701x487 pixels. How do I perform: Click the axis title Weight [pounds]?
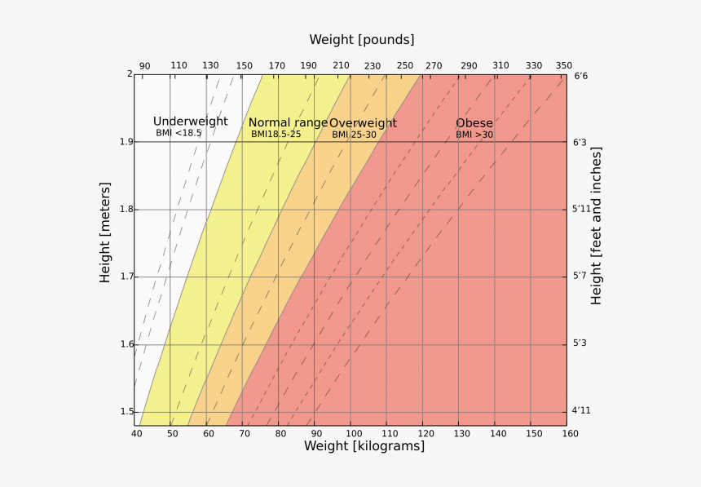[x=361, y=40]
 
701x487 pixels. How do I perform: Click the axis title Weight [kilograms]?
[x=364, y=446]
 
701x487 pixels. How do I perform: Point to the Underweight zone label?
[x=190, y=122]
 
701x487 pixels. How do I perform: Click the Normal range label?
[x=288, y=123]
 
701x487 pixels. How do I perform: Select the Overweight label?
[x=363, y=123]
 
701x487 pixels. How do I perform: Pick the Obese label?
[x=474, y=123]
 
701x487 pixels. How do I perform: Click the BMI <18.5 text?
[x=179, y=133]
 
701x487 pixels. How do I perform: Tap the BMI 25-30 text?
[x=354, y=135]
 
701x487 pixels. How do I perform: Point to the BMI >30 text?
[x=474, y=135]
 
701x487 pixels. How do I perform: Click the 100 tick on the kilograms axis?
[x=350, y=433]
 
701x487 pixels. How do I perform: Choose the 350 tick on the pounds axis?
[x=563, y=66]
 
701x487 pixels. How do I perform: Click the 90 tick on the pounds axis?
[x=144, y=66]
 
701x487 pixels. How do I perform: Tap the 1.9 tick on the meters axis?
[x=123, y=142]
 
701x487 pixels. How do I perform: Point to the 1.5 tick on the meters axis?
[x=123, y=412]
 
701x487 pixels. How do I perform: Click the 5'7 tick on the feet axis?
[x=580, y=277]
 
